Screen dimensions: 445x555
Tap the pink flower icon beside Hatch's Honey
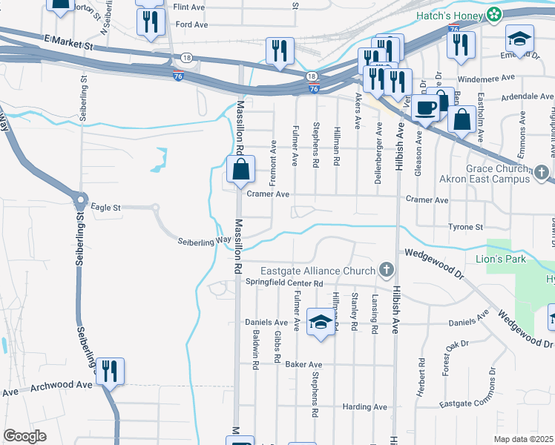(493, 13)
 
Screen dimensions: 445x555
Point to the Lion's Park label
(500, 259)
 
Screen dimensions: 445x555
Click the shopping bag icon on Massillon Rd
(241, 170)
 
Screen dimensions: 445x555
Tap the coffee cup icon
(426, 108)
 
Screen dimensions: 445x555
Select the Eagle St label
(105, 208)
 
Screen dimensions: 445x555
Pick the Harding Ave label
(365, 407)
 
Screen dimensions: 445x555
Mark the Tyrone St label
(465, 227)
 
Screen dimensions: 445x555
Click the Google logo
(24, 436)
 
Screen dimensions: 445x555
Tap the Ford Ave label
(191, 24)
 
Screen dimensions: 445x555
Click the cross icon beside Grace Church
(543, 174)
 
